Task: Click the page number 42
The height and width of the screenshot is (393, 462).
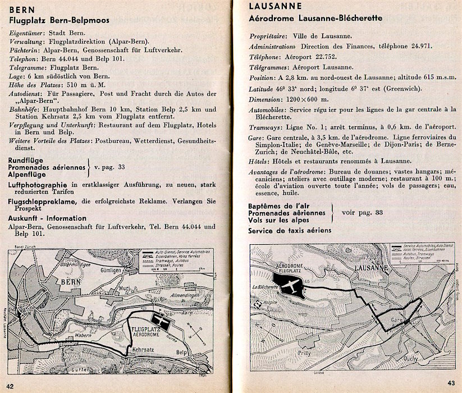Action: [10, 384]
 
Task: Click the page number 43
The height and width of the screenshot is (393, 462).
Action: [451, 383]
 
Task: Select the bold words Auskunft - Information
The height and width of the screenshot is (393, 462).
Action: [48, 218]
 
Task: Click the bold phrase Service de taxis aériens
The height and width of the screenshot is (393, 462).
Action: [290, 230]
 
